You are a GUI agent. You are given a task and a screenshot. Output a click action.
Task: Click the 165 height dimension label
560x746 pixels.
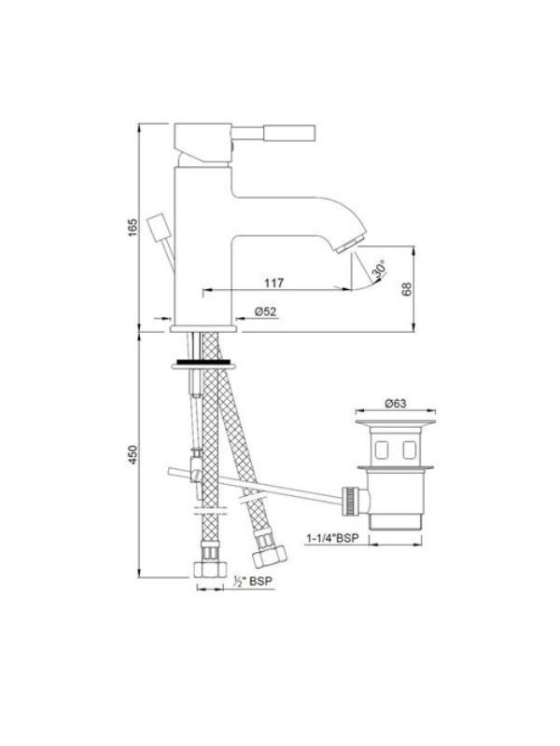tap(132, 228)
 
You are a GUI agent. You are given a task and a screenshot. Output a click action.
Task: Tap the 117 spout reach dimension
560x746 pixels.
tap(274, 283)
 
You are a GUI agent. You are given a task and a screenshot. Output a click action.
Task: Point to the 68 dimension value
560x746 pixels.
tap(406, 289)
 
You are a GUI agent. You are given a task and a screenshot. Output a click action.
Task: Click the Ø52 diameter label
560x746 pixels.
tap(265, 311)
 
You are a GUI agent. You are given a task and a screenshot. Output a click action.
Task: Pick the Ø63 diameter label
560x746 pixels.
tap(395, 403)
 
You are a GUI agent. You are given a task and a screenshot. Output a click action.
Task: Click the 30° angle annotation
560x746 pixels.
tap(380, 269)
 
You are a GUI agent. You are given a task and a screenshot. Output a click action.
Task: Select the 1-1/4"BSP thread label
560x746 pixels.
tap(332, 538)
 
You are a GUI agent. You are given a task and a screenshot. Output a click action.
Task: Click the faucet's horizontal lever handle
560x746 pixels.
tap(273, 132)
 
